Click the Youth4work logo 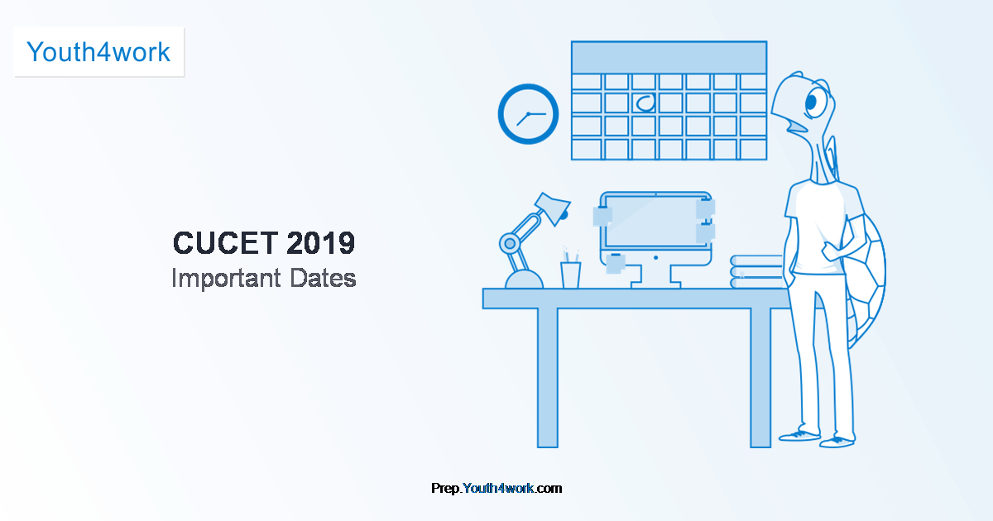[x=98, y=52]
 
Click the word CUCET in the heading [x=226, y=243]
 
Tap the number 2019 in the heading [x=320, y=243]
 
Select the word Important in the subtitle [x=226, y=279]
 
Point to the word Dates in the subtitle [x=323, y=278]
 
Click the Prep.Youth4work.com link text [x=496, y=488]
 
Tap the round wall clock [x=528, y=114]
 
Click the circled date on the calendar [x=645, y=103]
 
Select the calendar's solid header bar [x=669, y=58]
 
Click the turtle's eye [x=815, y=103]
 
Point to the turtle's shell [x=865, y=280]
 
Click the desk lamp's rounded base [x=524, y=280]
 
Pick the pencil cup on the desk [x=570, y=275]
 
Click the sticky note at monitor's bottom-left [x=615, y=264]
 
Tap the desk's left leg [x=548, y=378]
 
